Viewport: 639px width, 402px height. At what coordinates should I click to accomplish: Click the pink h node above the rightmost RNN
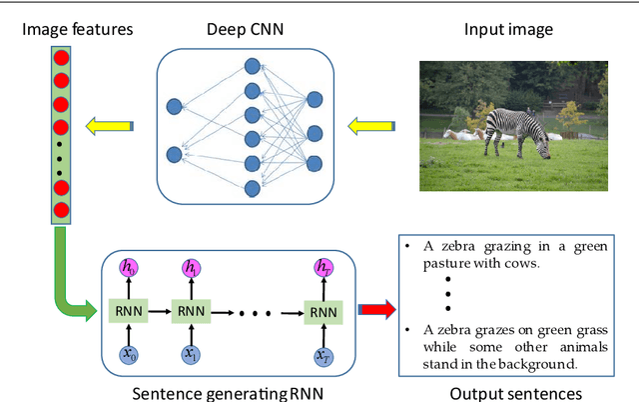321,268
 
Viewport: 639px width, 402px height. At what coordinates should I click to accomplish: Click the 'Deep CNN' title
246,29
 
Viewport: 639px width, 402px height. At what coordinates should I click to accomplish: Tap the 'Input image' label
508,29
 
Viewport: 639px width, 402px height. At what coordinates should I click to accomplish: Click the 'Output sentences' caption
516,392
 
